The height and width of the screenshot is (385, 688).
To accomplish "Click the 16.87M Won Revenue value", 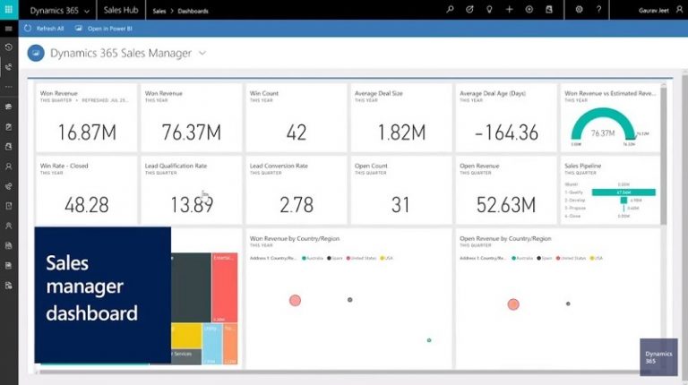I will click(x=86, y=133).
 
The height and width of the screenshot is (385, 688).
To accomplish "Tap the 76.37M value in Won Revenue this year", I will click(x=191, y=133).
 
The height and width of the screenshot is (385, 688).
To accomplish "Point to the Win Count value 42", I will click(x=296, y=133).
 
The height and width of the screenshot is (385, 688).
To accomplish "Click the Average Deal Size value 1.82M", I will click(x=400, y=133).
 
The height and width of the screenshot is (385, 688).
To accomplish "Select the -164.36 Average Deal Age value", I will click(x=505, y=133).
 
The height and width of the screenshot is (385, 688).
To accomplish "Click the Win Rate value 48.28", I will click(x=86, y=204).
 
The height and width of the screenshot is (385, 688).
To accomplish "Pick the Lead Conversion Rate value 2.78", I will click(x=296, y=204).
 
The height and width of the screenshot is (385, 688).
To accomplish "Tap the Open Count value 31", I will click(x=400, y=204).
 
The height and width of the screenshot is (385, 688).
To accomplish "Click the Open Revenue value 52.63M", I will click(x=505, y=204).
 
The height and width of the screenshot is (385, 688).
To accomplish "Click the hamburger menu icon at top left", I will click(x=8, y=29).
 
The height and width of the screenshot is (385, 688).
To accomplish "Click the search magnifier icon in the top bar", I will click(x=450, y=9).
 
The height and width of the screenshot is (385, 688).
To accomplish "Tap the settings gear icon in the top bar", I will click(x=580, y=9).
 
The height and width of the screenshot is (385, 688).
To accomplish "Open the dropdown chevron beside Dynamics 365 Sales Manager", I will click(x=202, y=53).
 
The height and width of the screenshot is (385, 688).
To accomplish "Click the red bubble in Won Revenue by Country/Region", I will click(x=295, y=300).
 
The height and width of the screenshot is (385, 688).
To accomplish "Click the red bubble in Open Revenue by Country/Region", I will click(x=513, y=304).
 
